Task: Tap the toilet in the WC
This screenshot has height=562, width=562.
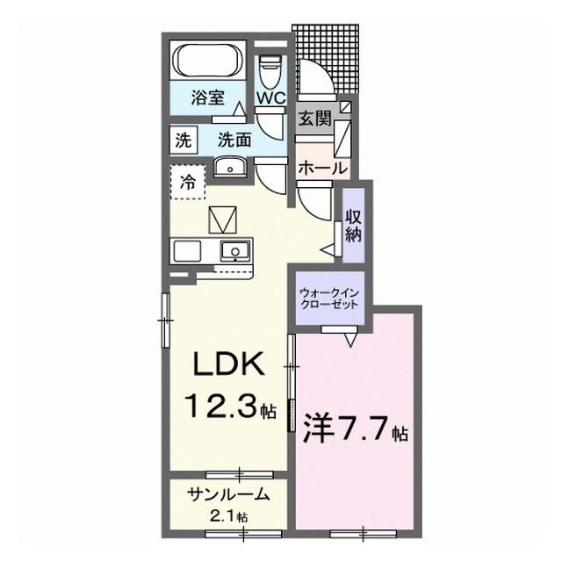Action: [x=270, y=72]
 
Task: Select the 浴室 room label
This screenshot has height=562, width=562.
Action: [x=208, y=97]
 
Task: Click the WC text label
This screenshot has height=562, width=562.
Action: [x=271, y=97]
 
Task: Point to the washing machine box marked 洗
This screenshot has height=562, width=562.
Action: [x=184, y=140]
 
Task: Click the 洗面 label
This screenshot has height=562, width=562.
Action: [x=234, y=140]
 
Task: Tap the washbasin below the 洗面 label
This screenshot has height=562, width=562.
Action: [x=230, y=167]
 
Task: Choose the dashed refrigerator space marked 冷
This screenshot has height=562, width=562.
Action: [x=187, y=182]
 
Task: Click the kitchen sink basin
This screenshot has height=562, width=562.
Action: [x=235, y=249]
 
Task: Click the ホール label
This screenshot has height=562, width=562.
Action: [x=323, y=168]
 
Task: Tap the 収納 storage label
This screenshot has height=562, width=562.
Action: [x=353, y=226]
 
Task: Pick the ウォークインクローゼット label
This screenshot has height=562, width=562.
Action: [x=329, y=299]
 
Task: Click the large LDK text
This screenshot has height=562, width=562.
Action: [x=229, y=364]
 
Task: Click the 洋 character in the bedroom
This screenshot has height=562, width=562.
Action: [x=318, y=429]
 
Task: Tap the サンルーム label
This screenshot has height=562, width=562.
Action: [x=228, y=495]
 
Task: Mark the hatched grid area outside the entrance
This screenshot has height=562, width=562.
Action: [x=326, y=59]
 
